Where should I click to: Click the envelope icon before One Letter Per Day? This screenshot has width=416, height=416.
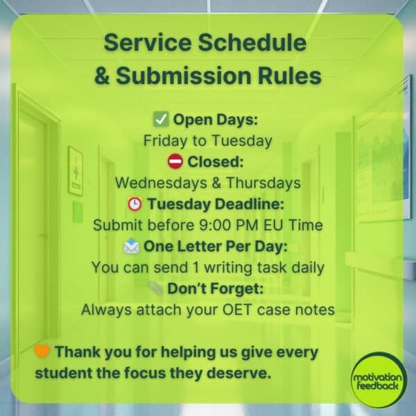point(132,246)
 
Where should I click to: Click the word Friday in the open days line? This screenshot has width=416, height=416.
point(163,140)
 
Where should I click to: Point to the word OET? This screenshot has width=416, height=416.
point(221,310)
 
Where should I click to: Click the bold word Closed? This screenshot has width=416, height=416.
point(207,162)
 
